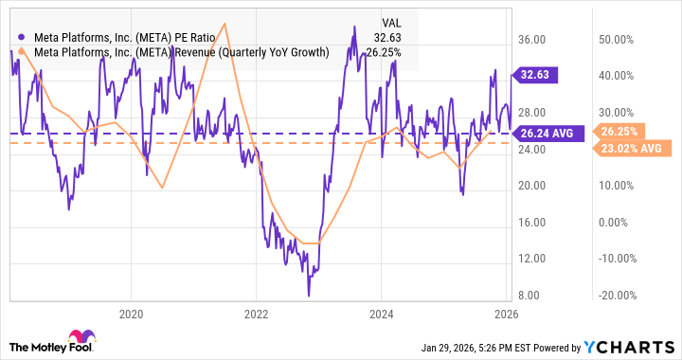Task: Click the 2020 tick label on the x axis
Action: point(132,314)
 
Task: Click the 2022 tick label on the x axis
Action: point(257,314)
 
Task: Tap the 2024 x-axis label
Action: point(382,314)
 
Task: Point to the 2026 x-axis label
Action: point(506,314)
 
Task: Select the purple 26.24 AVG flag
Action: point(546,134)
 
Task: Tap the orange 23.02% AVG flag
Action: point(627,148)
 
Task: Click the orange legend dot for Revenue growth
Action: point(22,52)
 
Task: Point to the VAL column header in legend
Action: point(391,21)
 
